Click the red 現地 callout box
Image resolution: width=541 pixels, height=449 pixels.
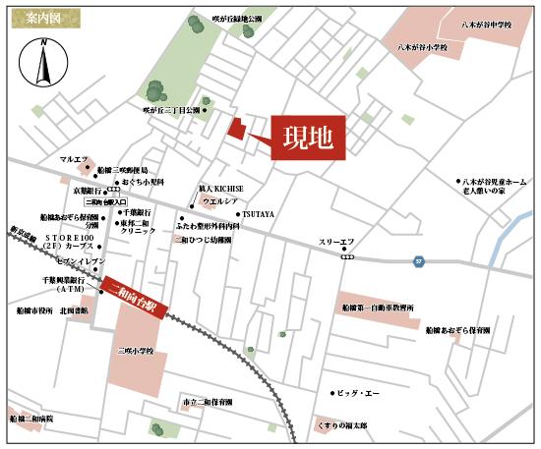coord(307,137)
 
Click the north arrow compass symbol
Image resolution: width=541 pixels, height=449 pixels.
coord(42,67)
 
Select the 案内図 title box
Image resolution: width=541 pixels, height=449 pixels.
coord(34,17)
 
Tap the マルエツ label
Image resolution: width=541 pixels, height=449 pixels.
coord(74,159)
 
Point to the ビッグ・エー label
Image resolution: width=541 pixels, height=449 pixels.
coord(357,393)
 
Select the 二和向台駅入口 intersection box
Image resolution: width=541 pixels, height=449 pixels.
coord(106,201)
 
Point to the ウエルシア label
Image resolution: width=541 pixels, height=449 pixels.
coord(218,200)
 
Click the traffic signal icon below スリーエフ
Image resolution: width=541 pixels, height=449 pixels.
coord(344,253)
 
